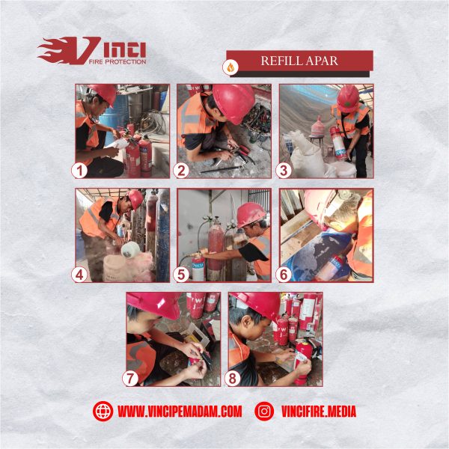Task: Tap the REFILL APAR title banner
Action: (x=299, y=61)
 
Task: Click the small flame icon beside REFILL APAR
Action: (x=230, y=67)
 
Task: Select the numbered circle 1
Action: (x=80, y=170)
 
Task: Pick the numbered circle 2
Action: (x=180, y=170)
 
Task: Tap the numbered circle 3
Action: (x=284, y=170)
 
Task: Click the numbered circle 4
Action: (x=80, y=274)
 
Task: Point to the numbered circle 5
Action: (x=180, y=274)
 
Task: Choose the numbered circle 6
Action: (x=284, y=274)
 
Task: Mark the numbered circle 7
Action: (x=130, y=379)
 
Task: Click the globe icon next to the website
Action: (x=103, y=411)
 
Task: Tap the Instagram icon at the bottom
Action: (x=264, y=411)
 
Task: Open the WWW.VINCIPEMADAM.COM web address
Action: (x=180, y=411)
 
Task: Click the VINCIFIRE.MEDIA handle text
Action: (x=319, y=411)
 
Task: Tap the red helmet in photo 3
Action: (x=348, y=97)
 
